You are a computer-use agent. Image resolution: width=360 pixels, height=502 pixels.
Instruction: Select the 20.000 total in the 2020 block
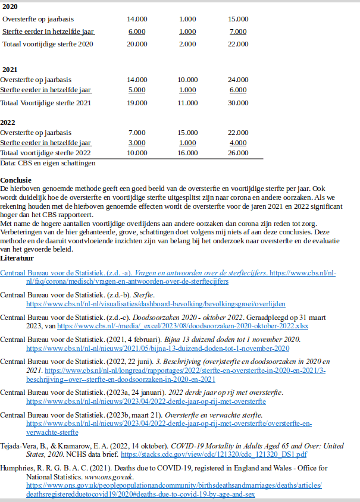tap(137, 44)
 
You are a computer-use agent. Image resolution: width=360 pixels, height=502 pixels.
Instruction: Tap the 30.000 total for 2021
tap(238, 103)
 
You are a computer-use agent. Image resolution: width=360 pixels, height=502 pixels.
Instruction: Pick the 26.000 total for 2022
tap(238, 153)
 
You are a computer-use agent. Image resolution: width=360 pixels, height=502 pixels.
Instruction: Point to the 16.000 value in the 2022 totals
tap(187, 153)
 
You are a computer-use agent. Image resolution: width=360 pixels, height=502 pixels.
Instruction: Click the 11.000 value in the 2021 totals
tap(187, 103)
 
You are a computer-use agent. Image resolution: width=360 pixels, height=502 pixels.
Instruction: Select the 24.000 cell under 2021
tap(238, 79)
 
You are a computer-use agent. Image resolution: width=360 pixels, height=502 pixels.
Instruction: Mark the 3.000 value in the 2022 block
tap(137, 143)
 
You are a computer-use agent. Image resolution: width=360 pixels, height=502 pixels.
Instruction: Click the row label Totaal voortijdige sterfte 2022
tap(46, 153)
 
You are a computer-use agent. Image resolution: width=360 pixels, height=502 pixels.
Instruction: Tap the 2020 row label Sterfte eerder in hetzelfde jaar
tap(48, 32)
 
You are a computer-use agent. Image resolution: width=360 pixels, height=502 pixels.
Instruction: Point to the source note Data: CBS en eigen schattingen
tap(48, 162)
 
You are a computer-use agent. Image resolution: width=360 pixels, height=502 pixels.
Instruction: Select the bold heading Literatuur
tap(17, 259)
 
